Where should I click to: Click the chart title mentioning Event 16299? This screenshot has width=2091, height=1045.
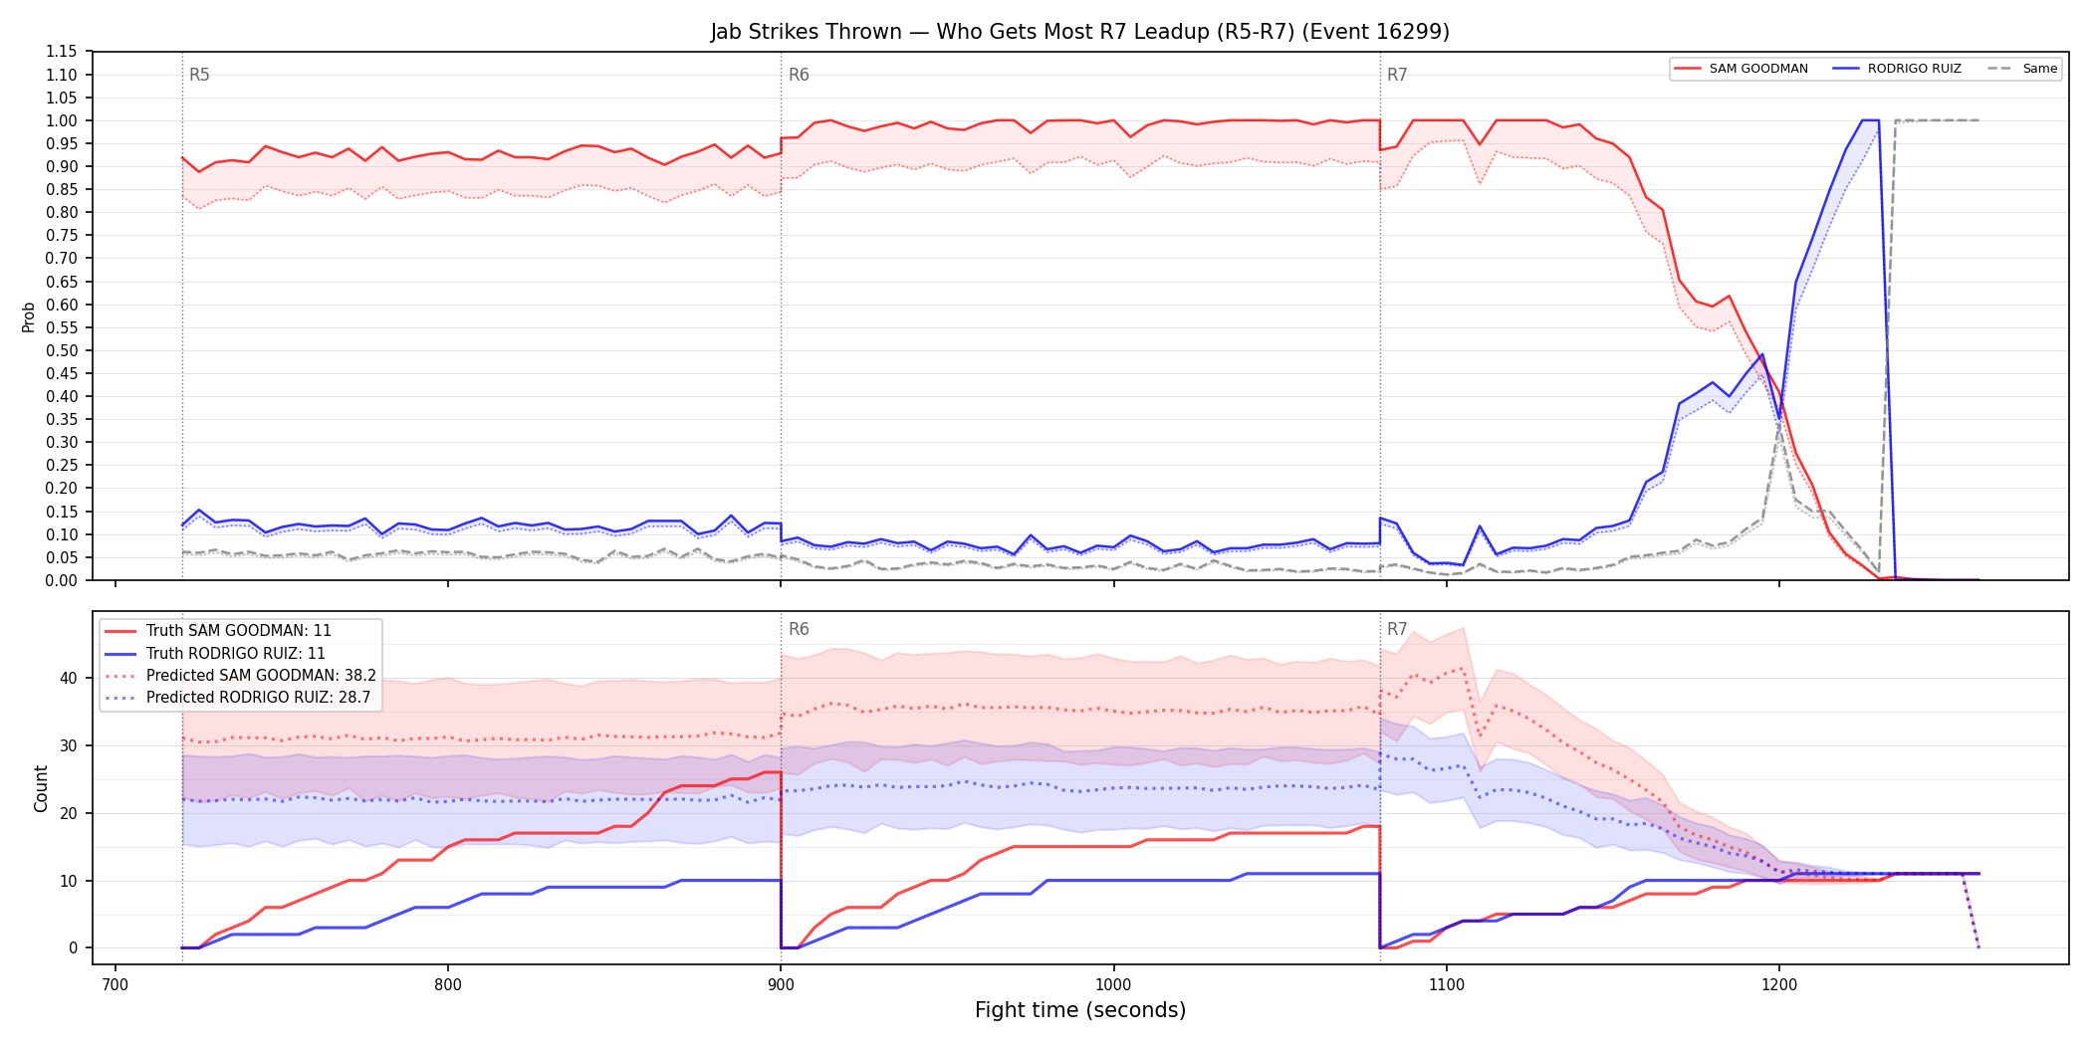point(1079,32)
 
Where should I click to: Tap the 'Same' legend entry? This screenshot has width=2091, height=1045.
point(2022,69)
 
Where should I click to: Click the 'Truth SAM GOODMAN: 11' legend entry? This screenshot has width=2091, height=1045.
point(218,631)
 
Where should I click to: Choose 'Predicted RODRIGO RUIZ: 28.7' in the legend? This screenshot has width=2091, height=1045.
point(238,698)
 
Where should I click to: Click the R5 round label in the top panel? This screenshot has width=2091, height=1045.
point(199,75)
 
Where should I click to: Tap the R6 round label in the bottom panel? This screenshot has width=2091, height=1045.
point(799,629)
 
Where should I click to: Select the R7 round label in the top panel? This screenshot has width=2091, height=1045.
point(1397,75)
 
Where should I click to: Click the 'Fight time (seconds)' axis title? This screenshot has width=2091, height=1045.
point(1080,1010)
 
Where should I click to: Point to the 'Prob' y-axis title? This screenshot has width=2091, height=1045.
point(29,316)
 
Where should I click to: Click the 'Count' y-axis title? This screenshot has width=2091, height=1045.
point(41,788)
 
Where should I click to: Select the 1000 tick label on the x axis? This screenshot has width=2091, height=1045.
point(1113,984)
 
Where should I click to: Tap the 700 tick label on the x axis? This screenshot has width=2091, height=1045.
point(116,984)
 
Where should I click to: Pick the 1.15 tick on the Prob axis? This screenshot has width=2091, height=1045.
point(61,52)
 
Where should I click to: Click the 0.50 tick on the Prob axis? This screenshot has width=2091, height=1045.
point(61,350)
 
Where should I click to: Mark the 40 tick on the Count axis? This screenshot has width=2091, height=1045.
point(68,678)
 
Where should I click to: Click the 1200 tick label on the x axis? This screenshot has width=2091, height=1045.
point(1779,984)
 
